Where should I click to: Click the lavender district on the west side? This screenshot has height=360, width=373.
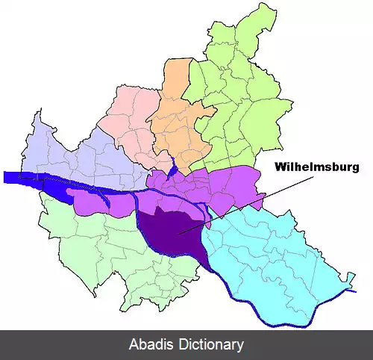point(67,149)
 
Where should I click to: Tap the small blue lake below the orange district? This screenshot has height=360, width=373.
point(172,165)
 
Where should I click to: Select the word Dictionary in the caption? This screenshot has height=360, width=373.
point(210,345)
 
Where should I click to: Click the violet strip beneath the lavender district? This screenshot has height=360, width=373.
point(104,202)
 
